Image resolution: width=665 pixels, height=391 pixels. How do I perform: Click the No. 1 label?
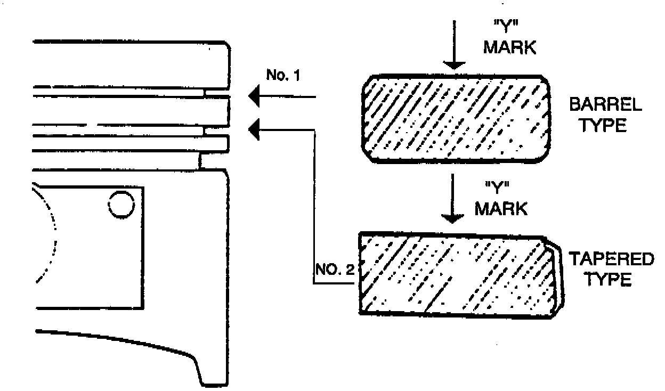click(283, 75)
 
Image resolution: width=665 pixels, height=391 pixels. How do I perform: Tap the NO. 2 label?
click(335, 269)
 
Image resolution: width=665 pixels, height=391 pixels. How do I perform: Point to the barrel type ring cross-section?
click(457, 118)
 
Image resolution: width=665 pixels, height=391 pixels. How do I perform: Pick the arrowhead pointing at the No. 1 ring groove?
click(254, 97)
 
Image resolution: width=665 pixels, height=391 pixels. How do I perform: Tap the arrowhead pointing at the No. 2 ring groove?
click(254, 128)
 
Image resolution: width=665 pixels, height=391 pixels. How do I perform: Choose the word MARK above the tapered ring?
click(501, 208)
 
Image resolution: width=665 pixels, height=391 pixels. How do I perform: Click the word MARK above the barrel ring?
click(509, 47)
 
